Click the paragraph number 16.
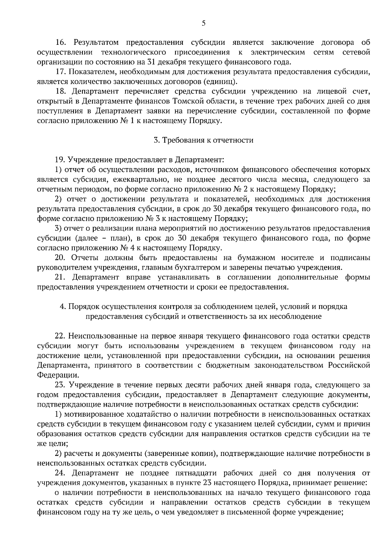pos(61,43)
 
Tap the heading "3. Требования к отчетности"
pos(203,140)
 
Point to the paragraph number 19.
pos(60,160)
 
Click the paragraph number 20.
pos(60,258)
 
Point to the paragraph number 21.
pos(60,277)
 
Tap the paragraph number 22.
pos(60,336)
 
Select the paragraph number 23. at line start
pos(60,385)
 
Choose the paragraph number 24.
pos(60,473)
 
